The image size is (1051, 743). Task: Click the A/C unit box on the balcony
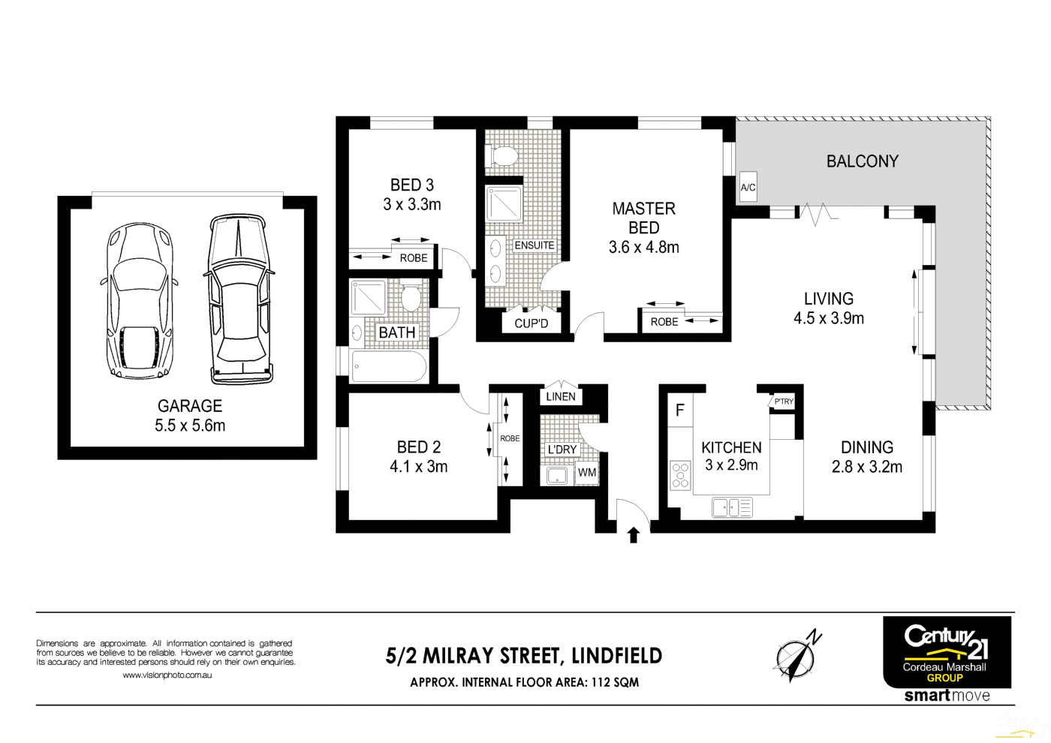[x=748, y=187]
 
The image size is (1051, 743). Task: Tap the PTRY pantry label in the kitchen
[x=783, y=402]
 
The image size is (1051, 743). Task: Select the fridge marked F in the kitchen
[x=680, y=411]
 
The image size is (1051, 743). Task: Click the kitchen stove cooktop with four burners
[x=680, y=476]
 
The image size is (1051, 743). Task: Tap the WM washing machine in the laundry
[x=587, y=473]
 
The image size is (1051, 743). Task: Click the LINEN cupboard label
[x=561, y=396]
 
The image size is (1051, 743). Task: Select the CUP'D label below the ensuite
[x=531, y=323]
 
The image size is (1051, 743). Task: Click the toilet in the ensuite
[x=504, y=157]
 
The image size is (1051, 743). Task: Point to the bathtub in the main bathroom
[x=389, y=367]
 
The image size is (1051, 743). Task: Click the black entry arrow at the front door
[x=633, y=534]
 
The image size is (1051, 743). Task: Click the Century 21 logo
[x=946, y=651]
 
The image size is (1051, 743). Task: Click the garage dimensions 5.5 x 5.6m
[x=190, y=426]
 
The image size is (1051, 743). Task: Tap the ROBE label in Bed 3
[x=413, y=258]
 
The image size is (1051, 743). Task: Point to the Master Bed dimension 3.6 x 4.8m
[x=643, y=248]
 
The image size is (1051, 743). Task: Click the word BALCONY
[x=862, y=161]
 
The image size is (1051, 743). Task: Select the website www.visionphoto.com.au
[x=167, y=675]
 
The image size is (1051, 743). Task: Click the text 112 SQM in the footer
[x=615, y=682]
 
